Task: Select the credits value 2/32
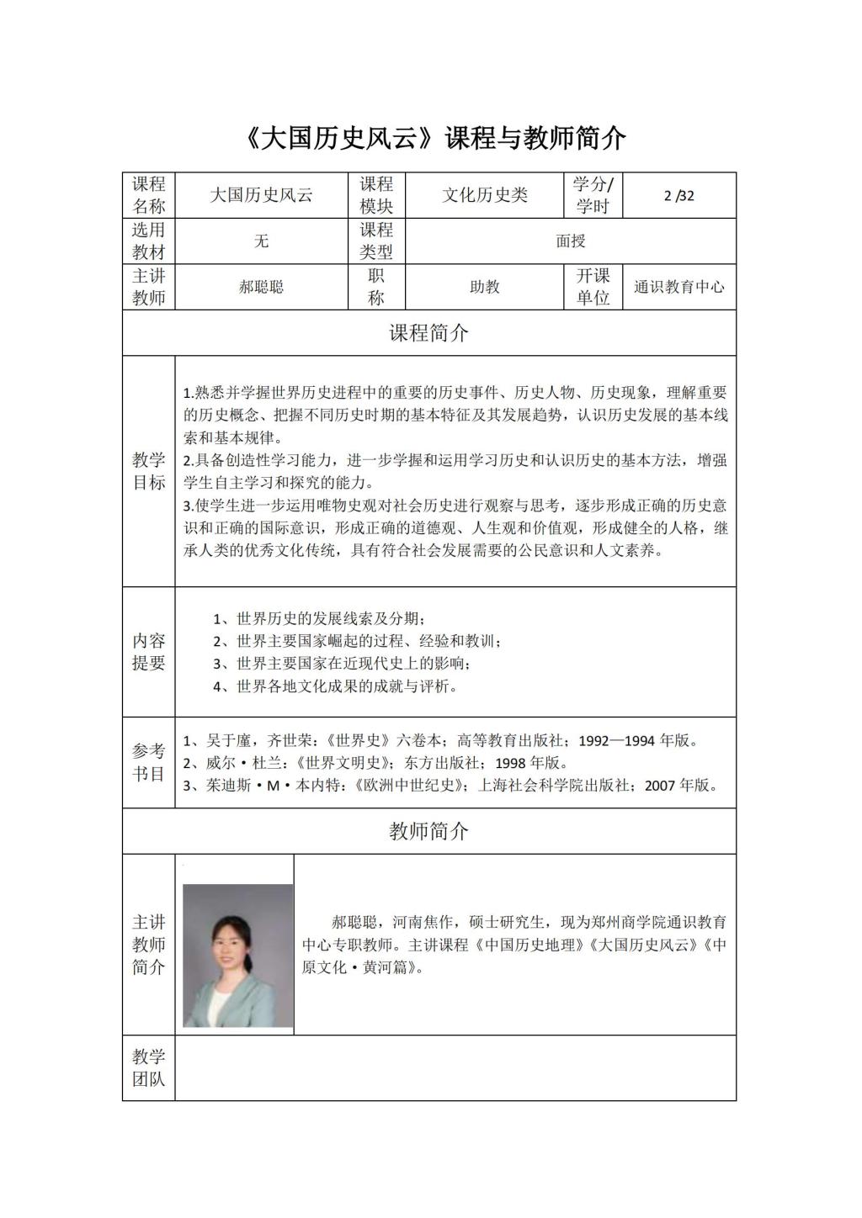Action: [678, 196]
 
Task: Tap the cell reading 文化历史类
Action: [485, 196]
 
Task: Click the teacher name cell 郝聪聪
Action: [261, 287]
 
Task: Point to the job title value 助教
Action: [485, 287]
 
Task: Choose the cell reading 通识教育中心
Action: [678, 287]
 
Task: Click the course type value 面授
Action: [570, 241]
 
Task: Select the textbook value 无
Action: [261, 241]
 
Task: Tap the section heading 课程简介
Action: [428, 333]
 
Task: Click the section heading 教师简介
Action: [428, 832]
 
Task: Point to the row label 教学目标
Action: [148, 471]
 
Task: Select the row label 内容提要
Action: [148, 652]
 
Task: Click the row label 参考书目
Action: [148, 762]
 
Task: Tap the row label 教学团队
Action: [148, 1068]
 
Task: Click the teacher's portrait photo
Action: [237, 955]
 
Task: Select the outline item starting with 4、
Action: [335, 686]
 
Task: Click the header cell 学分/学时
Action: [593, 196]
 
